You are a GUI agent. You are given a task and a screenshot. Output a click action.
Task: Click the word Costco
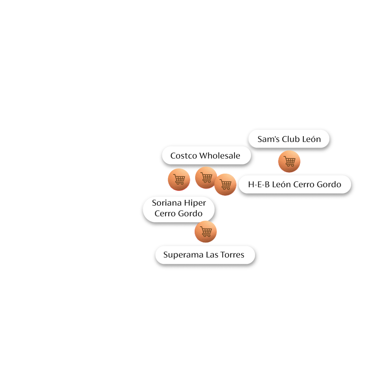pyautogui.click(x=183, y=156)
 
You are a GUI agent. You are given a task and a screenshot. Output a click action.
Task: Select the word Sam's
pyautogui.click(x=268, y=139)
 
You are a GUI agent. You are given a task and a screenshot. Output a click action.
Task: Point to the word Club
pyautogui.click(x=291, y=139)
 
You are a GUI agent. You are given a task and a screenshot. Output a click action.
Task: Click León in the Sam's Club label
pyautogui.click(x=311, y=139)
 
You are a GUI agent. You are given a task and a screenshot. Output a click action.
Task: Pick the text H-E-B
pyautogui.click(x=259, y=184)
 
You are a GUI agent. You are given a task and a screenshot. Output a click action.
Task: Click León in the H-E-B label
pyautogui.click(x=282, y=184)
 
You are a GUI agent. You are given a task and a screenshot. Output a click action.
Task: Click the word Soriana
pyautogui.click(x=167, y=203)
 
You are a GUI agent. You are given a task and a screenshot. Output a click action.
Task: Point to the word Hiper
pyautogui.click(x=195, y=203)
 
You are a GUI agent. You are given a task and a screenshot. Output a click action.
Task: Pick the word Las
pyautogui.click(x=212, y=255)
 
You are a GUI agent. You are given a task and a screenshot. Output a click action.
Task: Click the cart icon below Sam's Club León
pyautogui.click(x=289, y=161)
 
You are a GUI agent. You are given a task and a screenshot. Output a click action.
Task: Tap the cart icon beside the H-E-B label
pyautogui.click(x=225, y=184)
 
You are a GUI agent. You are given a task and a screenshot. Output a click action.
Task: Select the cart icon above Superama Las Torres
pyautogui.click(x=206, y=232)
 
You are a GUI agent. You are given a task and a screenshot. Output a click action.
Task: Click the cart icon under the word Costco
pyautogui.click(x=179, y=180)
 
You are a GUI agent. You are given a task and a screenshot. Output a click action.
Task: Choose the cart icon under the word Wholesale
pyautogui.click(x=206, y=177)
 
